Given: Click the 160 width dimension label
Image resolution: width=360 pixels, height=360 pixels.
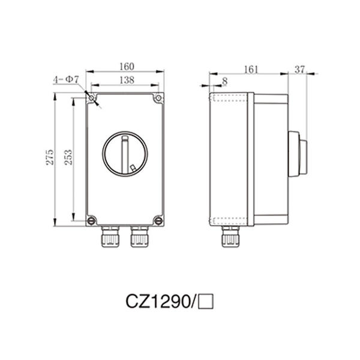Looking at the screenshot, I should click(x=125, y=66).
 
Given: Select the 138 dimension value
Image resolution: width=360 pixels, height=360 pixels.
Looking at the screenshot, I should click(x=125, y=80).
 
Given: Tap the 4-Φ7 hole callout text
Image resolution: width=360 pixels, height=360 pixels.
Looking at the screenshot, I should click(x=65, y=80).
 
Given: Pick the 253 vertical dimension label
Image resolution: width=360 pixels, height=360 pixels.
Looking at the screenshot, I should click(x=68, y=157).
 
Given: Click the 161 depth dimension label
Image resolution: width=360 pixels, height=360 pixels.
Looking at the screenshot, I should click(x=251, y=70).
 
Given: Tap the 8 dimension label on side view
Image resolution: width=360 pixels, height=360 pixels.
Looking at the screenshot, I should click(x=224, y=80).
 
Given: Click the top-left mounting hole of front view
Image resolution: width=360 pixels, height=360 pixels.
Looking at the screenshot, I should click(x=91, y=98).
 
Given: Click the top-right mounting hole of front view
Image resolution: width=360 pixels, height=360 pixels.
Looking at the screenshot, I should click(x=158, y=98).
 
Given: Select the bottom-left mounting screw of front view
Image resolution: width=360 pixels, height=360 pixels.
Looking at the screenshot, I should click(x=91, y=220).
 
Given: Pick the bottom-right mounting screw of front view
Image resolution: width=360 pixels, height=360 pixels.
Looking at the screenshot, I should click(x=158, y=220).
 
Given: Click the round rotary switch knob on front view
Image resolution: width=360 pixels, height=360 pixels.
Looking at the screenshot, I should click(x=125, y=154).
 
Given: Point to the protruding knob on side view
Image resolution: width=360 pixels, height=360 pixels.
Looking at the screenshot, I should click(x=299, y=154).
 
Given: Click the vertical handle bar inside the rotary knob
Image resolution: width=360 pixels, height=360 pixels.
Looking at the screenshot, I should click(x=125, y=153).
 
